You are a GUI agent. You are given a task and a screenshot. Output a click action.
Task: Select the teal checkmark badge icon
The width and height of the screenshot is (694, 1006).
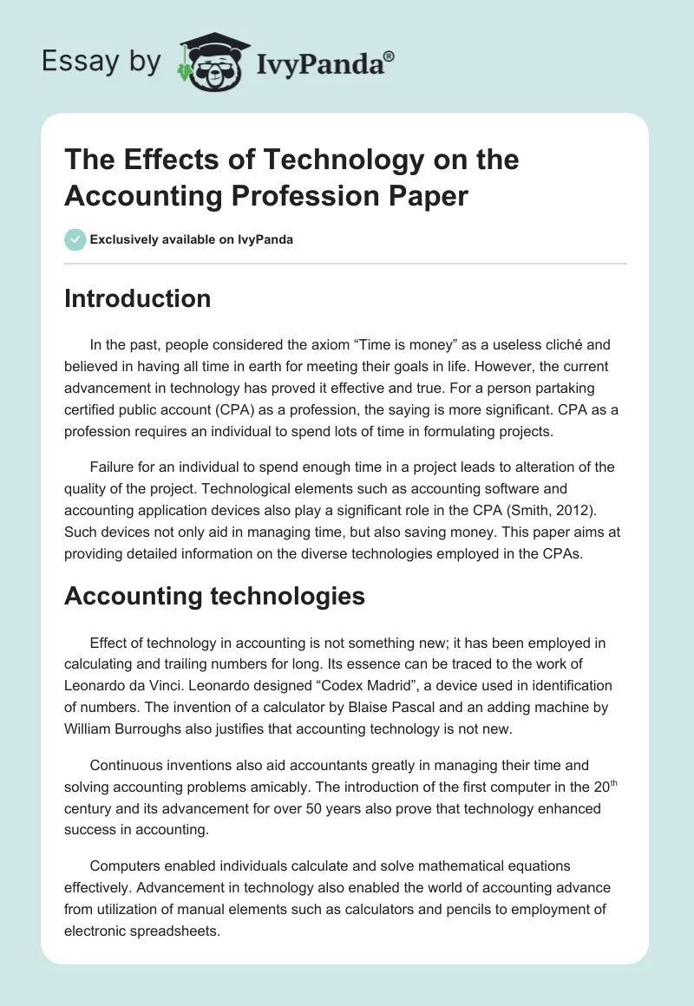click(x=75, y=239)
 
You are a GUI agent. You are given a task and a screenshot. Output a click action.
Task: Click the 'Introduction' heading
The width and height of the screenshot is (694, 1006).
click(x=137, y=298)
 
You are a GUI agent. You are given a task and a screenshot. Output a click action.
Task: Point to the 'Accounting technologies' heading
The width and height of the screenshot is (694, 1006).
click(x=214, y=596)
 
